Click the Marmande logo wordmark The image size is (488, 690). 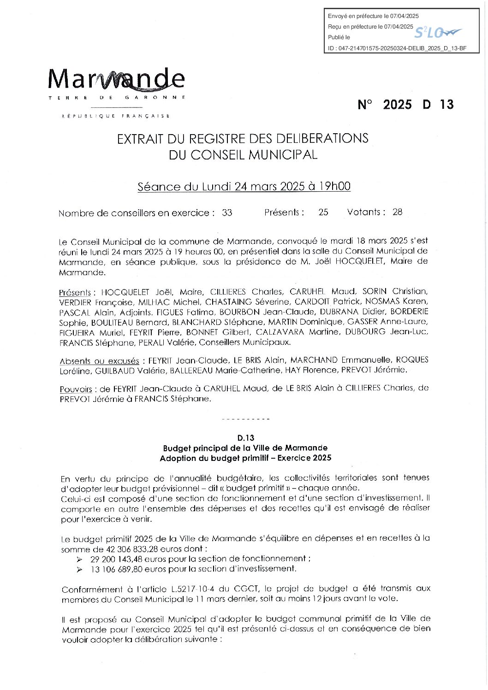click(116, 79)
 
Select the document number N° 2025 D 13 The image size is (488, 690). click(405, 105)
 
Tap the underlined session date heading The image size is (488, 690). click(244, 187)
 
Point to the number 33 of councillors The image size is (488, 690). click(227, 213)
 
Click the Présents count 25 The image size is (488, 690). click(323, 212)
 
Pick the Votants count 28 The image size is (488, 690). click(397, 212)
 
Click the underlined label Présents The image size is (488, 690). click(75, 293)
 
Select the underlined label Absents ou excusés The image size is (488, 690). click(99, 361)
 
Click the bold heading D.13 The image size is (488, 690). click(245, 438)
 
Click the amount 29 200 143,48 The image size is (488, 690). click(117, 559)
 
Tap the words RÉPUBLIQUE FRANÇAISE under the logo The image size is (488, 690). click(116, 116)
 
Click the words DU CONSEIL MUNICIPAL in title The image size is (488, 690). click(243, 155)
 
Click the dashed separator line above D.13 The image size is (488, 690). click(245, 419)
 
